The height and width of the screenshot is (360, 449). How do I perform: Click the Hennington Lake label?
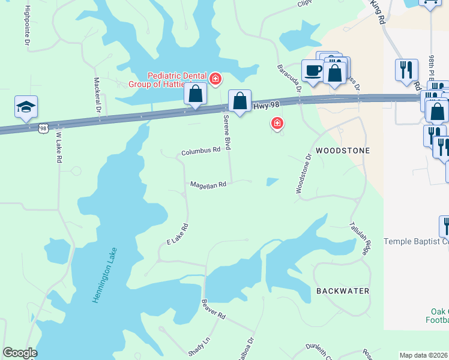click(x=106, y=275)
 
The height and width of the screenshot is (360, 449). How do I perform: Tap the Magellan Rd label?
click(x=208, y=185)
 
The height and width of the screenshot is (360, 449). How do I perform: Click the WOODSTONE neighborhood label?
click(x=342, y=150)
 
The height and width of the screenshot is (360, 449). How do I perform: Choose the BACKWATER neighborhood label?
click(x=343, y=291)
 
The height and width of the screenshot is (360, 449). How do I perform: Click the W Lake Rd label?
click(x=58, y=145)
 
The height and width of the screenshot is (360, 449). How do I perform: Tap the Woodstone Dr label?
click(x=303, y=173)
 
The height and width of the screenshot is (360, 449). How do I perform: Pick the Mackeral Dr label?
click(x=97, y=95)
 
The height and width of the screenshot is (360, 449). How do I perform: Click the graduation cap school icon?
click(x=26, y=107)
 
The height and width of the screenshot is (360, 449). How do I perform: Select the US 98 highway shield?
click(x=43, y=128)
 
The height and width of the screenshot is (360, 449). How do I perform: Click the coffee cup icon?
click(x=313, y=71)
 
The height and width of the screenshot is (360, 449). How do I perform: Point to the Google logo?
click(x=20, y=353)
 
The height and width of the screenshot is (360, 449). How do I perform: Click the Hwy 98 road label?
click(x=267, y=105)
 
